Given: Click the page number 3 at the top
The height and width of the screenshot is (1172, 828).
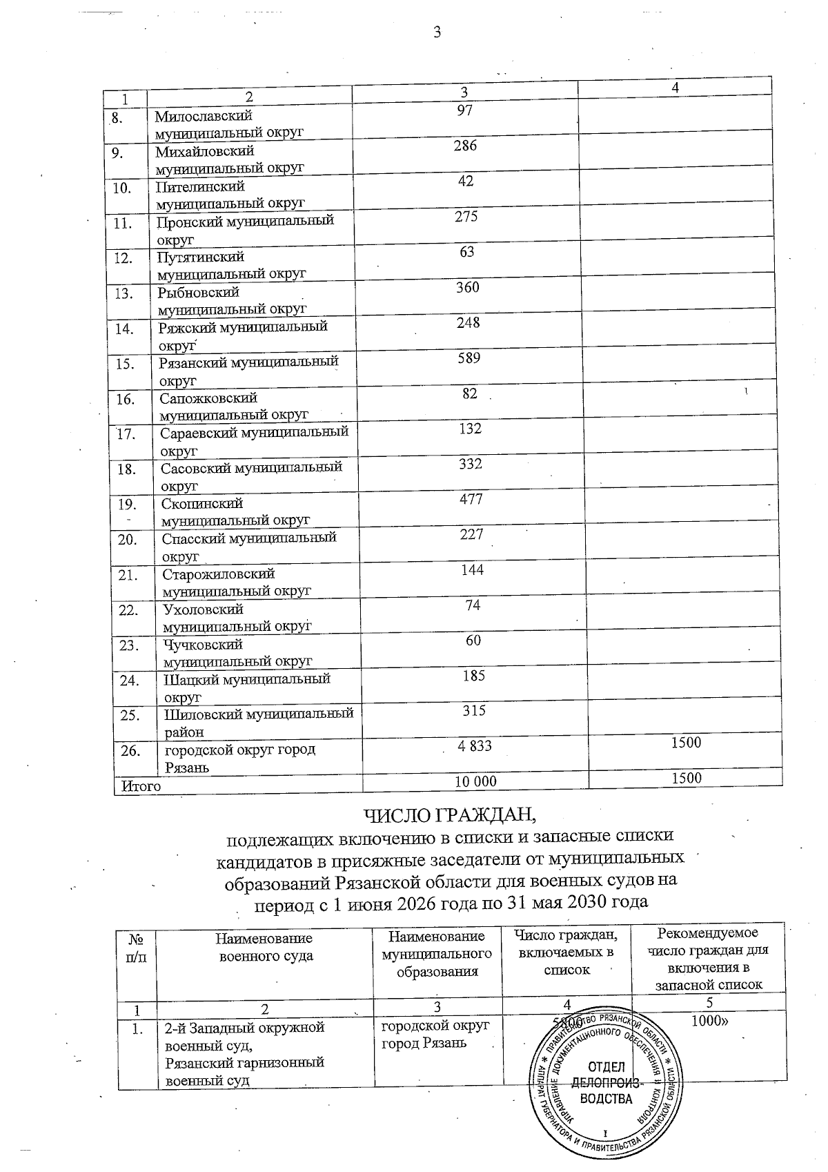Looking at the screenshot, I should tap(436, 32).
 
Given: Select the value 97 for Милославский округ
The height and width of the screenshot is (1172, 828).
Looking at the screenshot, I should tap(464, 110).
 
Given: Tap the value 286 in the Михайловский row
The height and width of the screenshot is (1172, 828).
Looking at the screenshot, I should tap(465, 146).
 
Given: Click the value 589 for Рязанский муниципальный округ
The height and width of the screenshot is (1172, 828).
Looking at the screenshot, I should tap(469, 358).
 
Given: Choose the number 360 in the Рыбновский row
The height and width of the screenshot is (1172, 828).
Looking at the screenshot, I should tap(467, 287).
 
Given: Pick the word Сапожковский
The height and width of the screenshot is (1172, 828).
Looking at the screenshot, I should tap(208, 398).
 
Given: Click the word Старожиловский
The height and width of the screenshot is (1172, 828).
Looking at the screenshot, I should tap(219, 574).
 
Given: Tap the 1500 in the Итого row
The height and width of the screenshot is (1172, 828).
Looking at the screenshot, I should tap(686, 778).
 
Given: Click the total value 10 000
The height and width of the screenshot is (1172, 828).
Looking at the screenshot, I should tap(475, 781).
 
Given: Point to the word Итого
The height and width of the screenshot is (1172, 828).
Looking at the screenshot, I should tap(141, 785).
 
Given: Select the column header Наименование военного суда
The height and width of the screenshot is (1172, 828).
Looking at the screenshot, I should tap(264, 947).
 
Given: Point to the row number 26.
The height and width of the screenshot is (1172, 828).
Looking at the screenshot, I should tap(130, 750).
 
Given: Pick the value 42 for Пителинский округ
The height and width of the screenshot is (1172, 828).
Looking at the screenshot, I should tap(465, 181).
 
